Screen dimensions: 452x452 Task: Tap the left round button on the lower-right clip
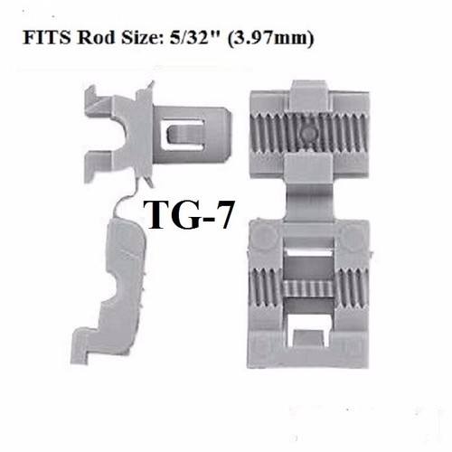click(264, 237)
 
